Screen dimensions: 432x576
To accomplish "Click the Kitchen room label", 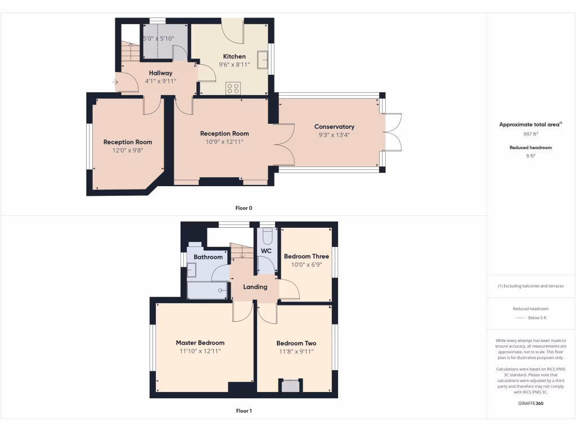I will coord(234,56).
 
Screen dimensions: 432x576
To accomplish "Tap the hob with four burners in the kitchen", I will coord(233,88).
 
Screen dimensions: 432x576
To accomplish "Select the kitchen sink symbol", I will coord(263,59).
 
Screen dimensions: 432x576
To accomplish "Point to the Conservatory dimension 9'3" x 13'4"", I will coord(334,135).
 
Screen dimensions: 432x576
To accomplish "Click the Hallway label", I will coord(160,73).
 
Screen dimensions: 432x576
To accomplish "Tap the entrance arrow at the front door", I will coord(115,82).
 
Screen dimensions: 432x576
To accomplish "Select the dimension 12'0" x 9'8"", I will coord(128,150).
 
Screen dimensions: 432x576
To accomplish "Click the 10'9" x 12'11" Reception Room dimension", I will coord(224,142).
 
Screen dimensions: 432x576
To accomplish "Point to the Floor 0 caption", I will coord(244,208).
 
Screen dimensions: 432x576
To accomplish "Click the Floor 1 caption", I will coord(244,411).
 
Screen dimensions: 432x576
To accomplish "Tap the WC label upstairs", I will coord(266,251).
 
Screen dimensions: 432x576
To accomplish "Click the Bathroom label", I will coord(208,257).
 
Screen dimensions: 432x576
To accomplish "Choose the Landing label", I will coord(255,287).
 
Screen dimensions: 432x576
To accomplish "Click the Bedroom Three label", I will coord(306,256).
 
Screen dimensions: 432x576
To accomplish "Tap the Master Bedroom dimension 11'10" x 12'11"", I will coord(200,351).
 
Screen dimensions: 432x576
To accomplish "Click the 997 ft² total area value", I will coord(530,134).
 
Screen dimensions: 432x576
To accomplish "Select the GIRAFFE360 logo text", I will coord(530,403).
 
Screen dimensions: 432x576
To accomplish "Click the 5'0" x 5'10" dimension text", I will coord(159,39).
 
